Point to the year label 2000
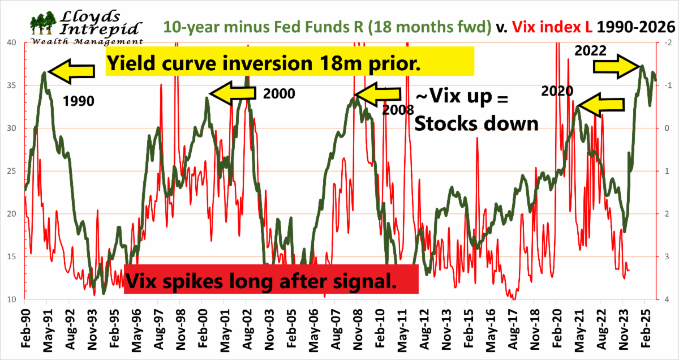point(279,93)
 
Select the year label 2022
point(590,50)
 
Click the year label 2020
point(557,91)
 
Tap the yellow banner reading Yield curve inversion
point(289,61)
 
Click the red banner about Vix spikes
point(271,278)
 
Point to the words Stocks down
point(476,124)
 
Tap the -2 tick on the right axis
point(668,42)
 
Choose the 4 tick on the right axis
point(668,299)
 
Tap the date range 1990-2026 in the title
point(634,27)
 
